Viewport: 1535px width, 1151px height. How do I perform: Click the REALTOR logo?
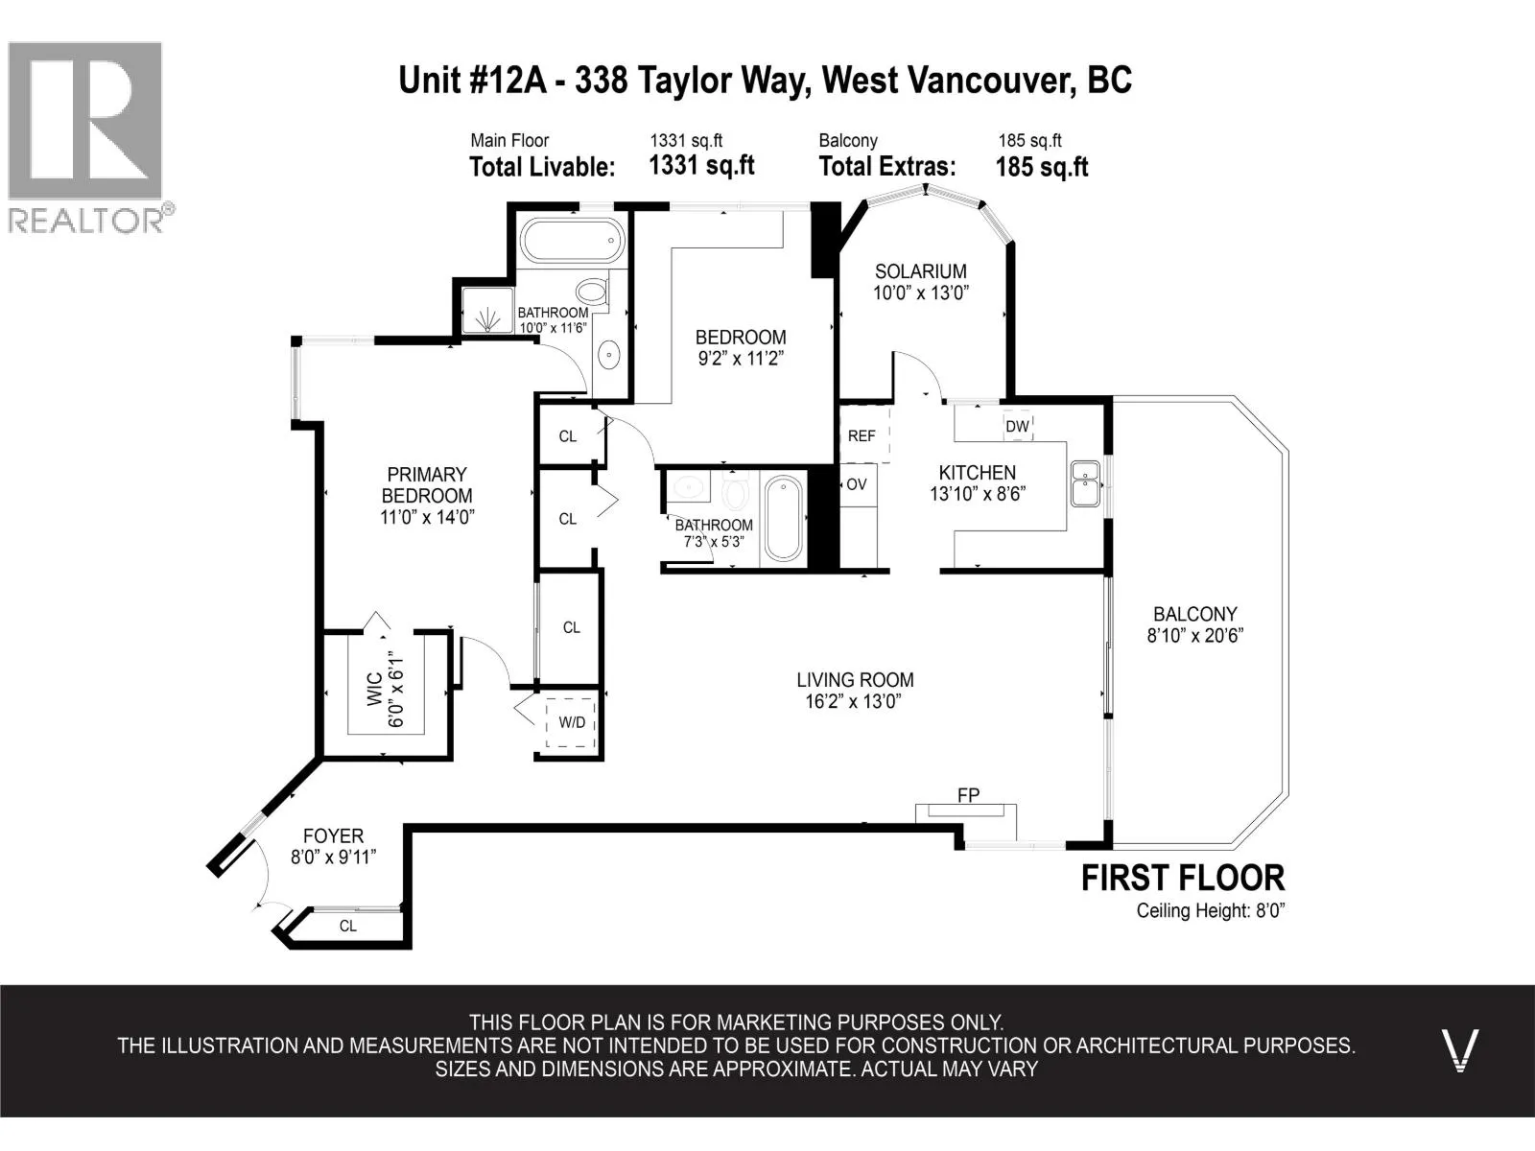pyautogui.click(x=91, y=137)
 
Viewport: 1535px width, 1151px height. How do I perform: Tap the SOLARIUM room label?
pyautogui.click(x=920, y=271)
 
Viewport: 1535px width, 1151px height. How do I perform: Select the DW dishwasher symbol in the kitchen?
pyautogui.click(x=1018, y=426)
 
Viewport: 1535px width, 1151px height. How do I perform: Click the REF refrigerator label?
pyautogui.click(x=861, y=436)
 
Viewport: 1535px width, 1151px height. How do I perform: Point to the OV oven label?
pyautogui.click(x=857, y=483)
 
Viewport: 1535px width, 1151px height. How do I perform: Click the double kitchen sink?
pyautogui.click(x=1085, y=482)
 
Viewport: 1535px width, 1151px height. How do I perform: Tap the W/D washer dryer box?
pyautogui.click(x=571, y=722)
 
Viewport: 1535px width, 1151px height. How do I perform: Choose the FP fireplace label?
pyautogui.click(x=969, y=794)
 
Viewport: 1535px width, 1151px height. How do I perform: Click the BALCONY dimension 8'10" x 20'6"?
pyautogui.click(x=1194, y=636)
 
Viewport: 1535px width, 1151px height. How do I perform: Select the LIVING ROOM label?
pyautogui.click(x=855, y=679)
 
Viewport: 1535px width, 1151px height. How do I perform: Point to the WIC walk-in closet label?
pyautogui.click(x=375, y=689)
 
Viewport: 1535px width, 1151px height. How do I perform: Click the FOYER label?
pyautogui.click(x=333, y=835)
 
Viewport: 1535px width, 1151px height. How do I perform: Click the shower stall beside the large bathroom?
pyautogui.click(x=487, y=310)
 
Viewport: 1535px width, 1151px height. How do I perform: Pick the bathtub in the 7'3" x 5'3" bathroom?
pyautogui.click(x=783, y=517)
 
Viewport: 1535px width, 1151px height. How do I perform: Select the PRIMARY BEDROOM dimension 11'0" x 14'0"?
pyautogui.click(x=427, y=517)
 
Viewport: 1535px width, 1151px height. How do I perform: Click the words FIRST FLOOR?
pyautogui.click(x=1183, y=878)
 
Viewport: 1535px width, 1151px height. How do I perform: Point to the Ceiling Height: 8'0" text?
pyautogui.click(x=1211, y=910)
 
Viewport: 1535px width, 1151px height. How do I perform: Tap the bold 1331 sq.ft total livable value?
pyautogui.click(x=701, y=166)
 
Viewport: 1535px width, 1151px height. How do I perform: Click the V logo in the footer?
pyautogui.click(x=1459, y=1050)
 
